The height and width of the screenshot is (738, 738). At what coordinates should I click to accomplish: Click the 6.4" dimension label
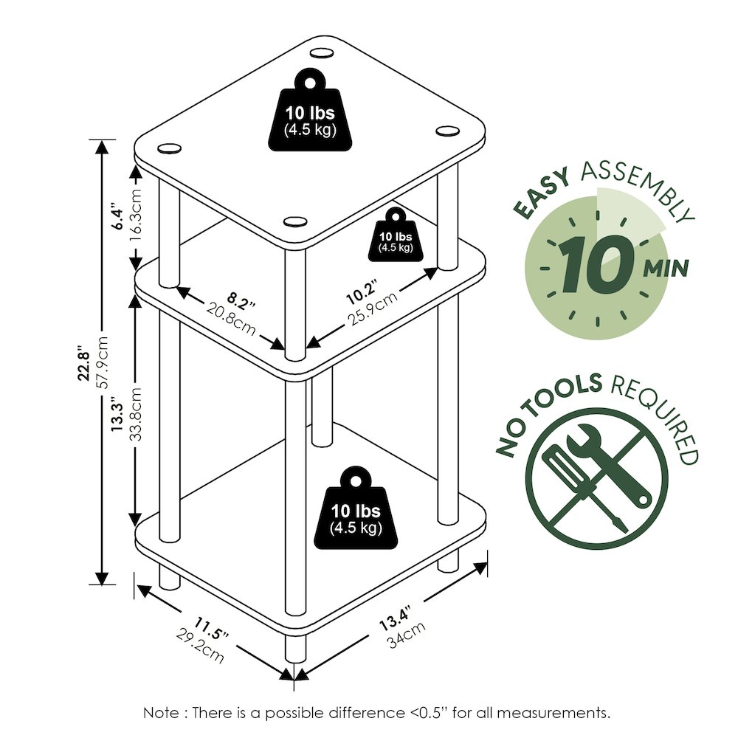pos(117,216)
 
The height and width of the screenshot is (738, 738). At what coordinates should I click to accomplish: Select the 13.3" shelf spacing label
pos(117,414)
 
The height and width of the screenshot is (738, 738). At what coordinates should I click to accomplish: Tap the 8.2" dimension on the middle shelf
pos(241,301)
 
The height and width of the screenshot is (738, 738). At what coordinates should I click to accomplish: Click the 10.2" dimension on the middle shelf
pos(362,292)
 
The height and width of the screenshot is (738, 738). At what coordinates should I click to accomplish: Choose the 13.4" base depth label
pos(396,618)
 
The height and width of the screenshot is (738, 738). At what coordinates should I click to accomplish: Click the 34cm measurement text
pos(407,635)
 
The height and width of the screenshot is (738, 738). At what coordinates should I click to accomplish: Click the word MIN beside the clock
pos(666,269)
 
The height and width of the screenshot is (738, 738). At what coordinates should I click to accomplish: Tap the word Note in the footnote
pos(161,713)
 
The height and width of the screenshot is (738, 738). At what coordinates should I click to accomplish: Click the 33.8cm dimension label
pos(136,415)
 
